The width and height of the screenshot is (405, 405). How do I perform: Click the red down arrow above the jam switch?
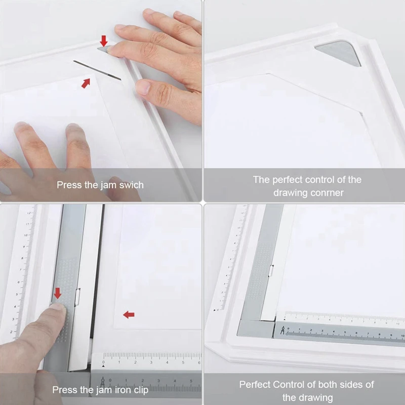104,41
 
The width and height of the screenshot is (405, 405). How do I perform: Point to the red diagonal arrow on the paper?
86,83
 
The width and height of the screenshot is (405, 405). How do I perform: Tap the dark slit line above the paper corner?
97,70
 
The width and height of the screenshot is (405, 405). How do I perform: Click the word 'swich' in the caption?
131,185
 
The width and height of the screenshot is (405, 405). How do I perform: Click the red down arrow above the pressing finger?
57,294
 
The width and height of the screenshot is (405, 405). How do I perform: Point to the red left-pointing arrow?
129,314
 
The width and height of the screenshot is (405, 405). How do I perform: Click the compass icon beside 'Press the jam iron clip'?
103,383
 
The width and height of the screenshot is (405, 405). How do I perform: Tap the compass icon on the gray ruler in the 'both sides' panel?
282,330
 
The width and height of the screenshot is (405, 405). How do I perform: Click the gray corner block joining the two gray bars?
256,328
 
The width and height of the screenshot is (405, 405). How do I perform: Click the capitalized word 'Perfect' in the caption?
255,385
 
